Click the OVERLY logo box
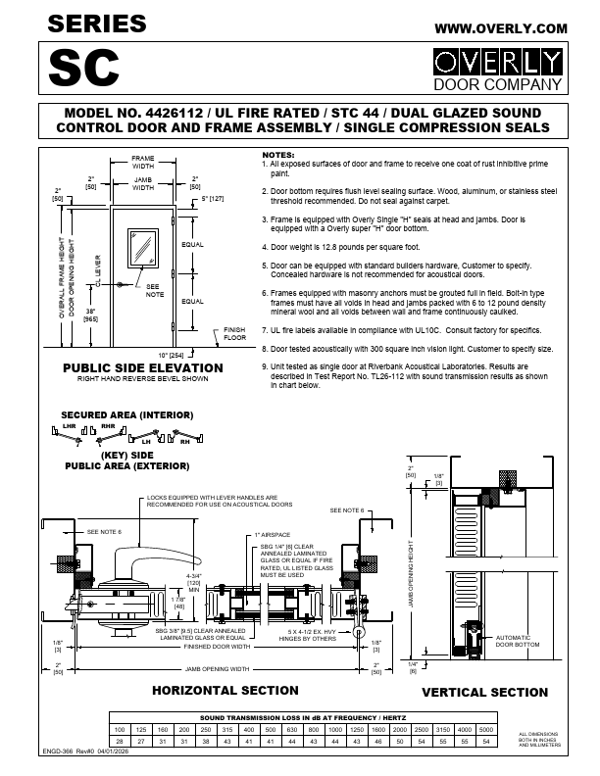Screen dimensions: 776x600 (499, 64)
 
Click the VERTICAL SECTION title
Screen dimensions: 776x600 (484, 692)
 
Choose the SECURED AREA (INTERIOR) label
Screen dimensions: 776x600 (125, 414)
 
